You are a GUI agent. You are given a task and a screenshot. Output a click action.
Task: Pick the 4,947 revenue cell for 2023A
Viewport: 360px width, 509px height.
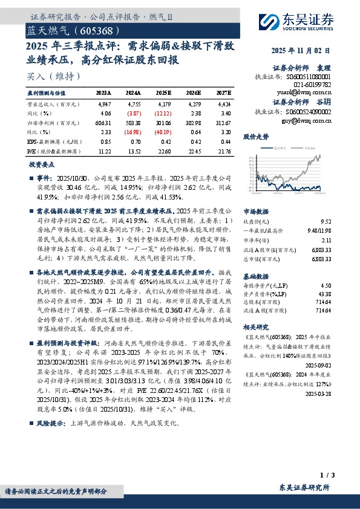pyautogui.click(x=103, y=104)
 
